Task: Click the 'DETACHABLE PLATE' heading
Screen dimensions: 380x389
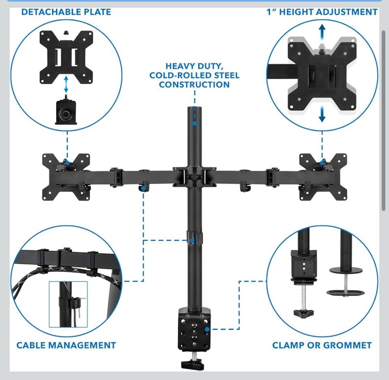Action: point(66,12)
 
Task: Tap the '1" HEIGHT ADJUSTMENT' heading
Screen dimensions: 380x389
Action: point(322,12)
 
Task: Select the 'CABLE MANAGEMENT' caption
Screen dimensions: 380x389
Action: point(66,346)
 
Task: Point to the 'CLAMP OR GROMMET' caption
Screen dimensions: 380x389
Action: point(322,346)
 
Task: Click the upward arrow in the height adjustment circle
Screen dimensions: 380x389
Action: point(322,30)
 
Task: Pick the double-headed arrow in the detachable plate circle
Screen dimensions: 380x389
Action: point(66,86)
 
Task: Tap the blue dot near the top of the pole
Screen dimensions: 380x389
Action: point(194,122)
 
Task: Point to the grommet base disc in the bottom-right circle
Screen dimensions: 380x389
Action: point(345,292)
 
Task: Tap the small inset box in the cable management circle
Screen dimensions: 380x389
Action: point(68,304)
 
